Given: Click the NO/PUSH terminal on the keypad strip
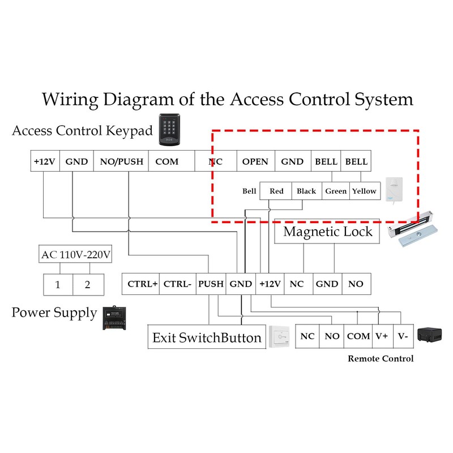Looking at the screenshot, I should click(122, 161).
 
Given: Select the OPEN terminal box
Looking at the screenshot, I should click(255, 161).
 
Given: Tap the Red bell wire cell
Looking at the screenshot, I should click(276, 191).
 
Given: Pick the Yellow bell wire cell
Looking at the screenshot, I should click(364, 191).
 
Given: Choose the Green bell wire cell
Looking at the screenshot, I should click(336, 191).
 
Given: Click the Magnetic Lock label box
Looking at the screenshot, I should click(327, 232).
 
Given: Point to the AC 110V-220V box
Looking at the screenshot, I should click(76, 255).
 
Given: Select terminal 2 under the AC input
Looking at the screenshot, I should click(88, 284).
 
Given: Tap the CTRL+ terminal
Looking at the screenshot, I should click(142, 284).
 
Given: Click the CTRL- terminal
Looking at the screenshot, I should click(178, 284).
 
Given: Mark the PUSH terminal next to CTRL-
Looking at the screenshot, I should click(211, 284).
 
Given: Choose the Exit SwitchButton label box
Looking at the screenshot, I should click(207, 338).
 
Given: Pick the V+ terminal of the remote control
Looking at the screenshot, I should click(381, 336).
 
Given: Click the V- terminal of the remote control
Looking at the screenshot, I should click(402, 336).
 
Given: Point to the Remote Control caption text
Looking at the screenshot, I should click(381, 358).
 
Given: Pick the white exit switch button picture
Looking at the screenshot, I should click(279, 337).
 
